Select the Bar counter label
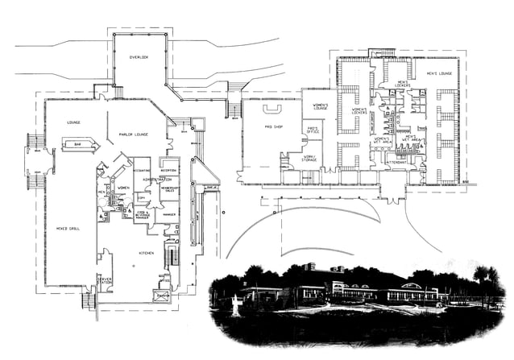[78, 144]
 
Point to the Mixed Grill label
[65, 228]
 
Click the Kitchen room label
[146, 254]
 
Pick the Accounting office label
[142, 171]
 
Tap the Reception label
[169, 170]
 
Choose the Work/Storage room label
[310, 159]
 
